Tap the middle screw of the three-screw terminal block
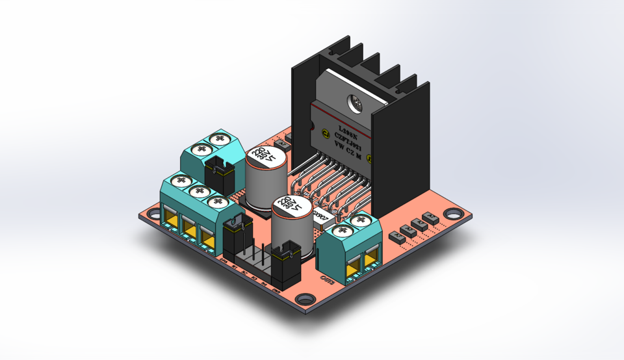[x=196, y=191]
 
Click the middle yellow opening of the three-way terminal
[x=189, y=227]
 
